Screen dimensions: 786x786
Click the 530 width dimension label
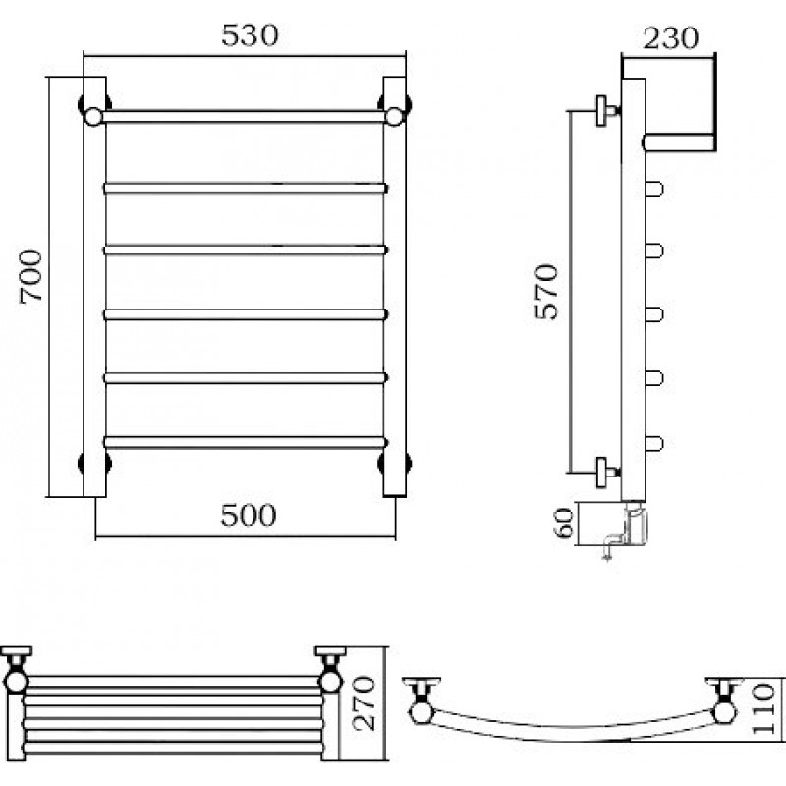coord(250,35)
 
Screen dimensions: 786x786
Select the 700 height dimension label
coord(31,276)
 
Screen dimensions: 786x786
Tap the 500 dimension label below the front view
coord(249,515)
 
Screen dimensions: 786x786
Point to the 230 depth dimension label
coord(670,38)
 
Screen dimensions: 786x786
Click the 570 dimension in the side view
coord(546,292)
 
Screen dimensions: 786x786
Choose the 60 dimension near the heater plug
coord(564,524)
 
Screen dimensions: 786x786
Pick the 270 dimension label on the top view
coord(363,702)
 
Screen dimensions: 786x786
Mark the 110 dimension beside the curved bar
coord(764,708)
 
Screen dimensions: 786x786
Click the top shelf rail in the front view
coord(244,117)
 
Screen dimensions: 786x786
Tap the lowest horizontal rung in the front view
coord(246,443)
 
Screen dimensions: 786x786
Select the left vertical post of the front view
coord(94,287)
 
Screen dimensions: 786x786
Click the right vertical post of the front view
coord(395,287)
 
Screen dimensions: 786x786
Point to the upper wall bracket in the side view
coord(606,111)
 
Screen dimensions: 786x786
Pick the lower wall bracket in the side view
coord(606,472)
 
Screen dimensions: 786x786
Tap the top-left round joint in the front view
coord(92,117)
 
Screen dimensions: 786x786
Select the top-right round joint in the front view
coord(395,117)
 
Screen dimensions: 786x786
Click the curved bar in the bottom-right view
coord(572,732)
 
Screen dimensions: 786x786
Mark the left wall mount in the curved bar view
coord(422,700)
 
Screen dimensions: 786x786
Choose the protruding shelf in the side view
coord(679,142)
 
